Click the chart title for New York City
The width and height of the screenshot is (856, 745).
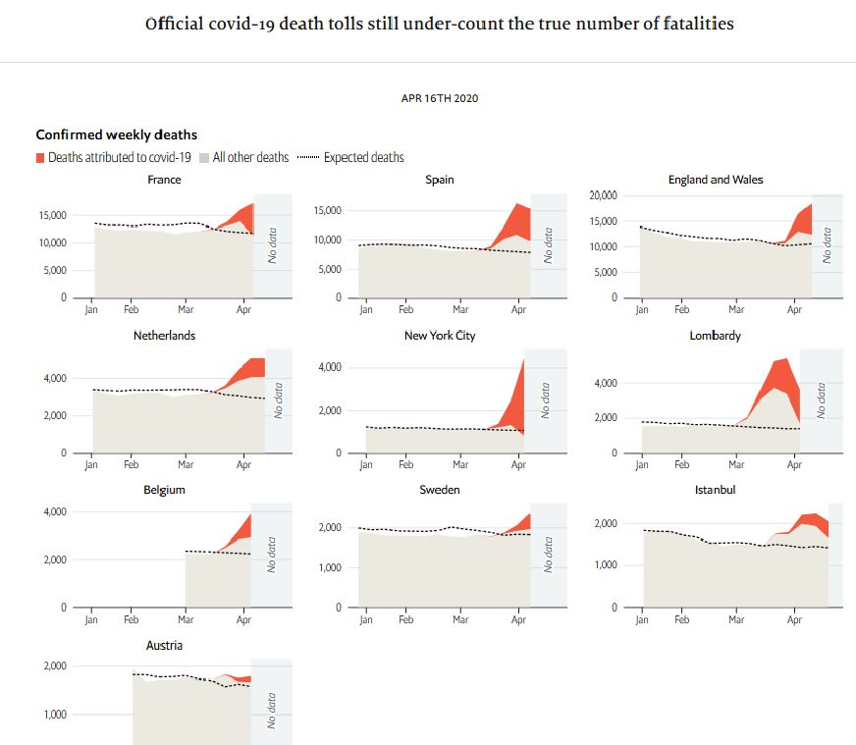(x=440, y=336)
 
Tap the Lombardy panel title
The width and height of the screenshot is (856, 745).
(x=715, y=336)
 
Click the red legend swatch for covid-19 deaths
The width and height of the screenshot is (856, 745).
(x=40, y=157)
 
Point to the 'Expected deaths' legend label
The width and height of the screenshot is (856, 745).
(x=363, y=157)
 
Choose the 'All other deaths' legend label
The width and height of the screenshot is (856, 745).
(x=250, y=157)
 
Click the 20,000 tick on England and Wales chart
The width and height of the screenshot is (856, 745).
(x=602, y=196)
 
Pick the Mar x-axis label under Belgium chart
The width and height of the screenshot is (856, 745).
(x=186, y=620)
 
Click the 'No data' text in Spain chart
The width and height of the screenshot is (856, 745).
(x=549, y=244)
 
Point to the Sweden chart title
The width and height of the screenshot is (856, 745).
(x=440, y=489)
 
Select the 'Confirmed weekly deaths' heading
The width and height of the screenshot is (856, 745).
(x=117, y=134)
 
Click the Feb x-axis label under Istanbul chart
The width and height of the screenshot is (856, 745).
(x=682, y=620)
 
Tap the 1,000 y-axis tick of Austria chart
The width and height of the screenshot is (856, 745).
(x=51, y=715)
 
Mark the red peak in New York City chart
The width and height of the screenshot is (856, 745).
(x=522, y=361)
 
